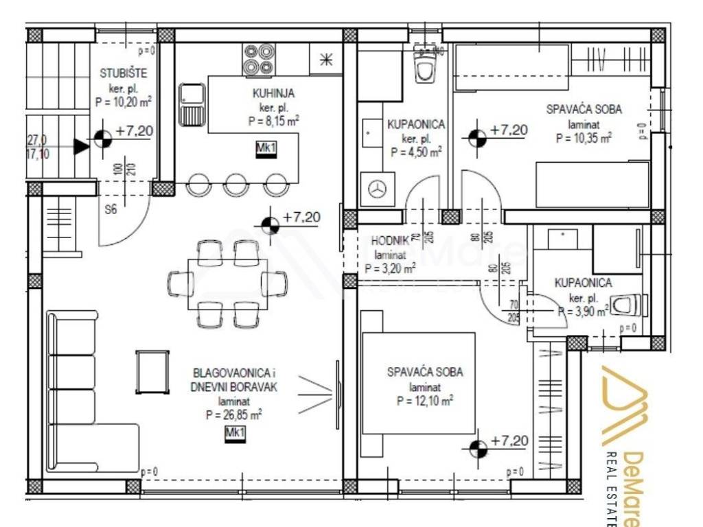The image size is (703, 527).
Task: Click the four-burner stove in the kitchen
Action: [x=258, y=59]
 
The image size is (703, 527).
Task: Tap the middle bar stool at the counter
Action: [x=236, y=184]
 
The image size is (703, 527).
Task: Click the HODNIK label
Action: [x=390, y=241]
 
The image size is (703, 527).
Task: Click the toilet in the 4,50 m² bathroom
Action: [x=425, y=68]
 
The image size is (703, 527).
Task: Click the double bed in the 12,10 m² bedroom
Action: [x=418, y=382]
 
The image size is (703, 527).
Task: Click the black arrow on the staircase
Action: [x=82, y=145]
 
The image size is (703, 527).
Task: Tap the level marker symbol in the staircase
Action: [x=102, y=139]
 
